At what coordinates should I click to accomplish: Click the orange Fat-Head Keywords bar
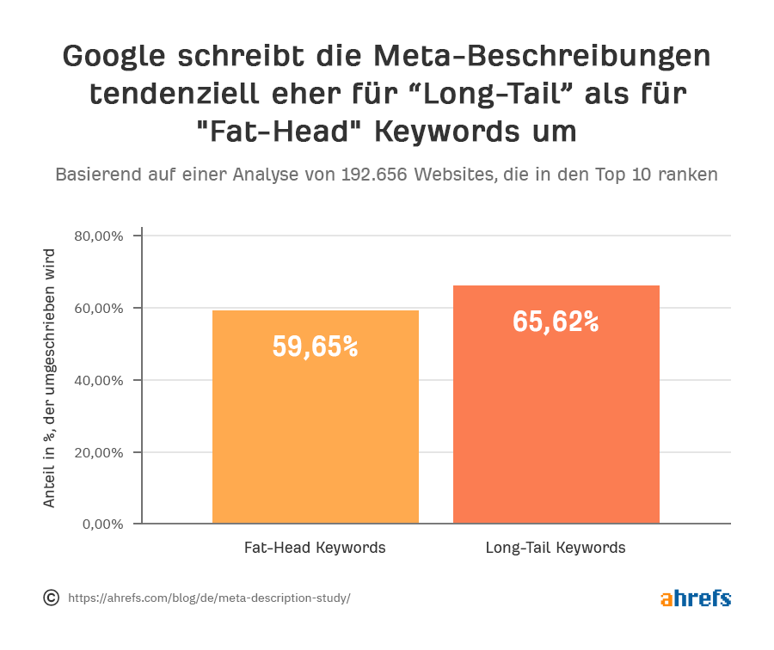315,430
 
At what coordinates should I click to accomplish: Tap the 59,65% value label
315,346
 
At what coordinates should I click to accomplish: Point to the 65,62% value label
556,322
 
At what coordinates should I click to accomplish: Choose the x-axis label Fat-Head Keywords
315,548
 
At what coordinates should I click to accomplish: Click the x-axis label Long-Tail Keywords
556,548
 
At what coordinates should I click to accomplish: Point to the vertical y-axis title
49,378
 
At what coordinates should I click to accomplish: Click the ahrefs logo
695,598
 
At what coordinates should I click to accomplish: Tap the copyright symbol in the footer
51,598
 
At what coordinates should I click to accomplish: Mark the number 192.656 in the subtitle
375,174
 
